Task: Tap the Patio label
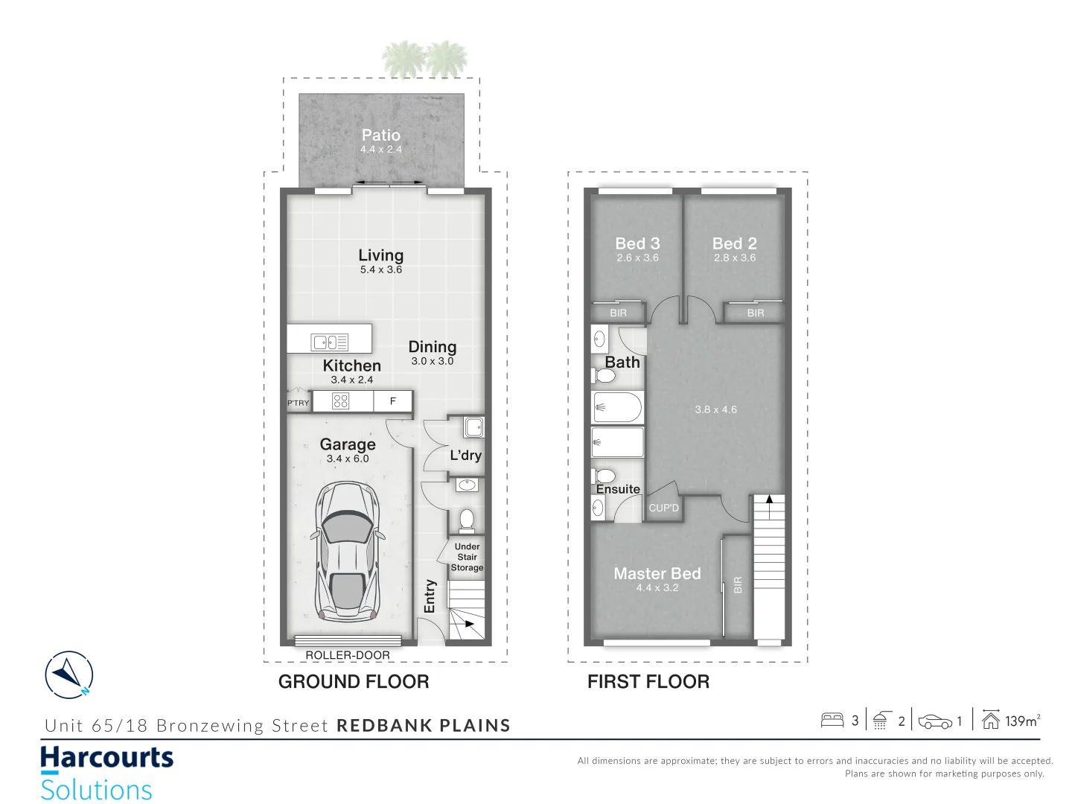coord(380,135)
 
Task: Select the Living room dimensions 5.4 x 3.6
coord(380,269)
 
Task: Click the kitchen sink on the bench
coord(330,342)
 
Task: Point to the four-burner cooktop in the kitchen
coord(340,401)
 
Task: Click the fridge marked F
coord(393,401)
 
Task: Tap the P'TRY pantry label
coord(298,403)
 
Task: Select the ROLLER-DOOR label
coord(348,655)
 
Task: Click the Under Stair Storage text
coord(467,557)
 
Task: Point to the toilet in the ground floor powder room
coord(467,519)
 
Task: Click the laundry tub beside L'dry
coord(473,427)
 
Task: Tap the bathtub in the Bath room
coord(617,408)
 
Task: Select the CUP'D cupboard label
coord(663,508)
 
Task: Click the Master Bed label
coord(657,573)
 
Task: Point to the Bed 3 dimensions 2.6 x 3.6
coord(637,258)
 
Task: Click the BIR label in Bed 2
coord(756,313)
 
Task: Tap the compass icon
coord(69,675)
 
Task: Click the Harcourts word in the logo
coord(107,759)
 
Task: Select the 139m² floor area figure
coord(1021,721)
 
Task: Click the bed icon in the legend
coord(832,720)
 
